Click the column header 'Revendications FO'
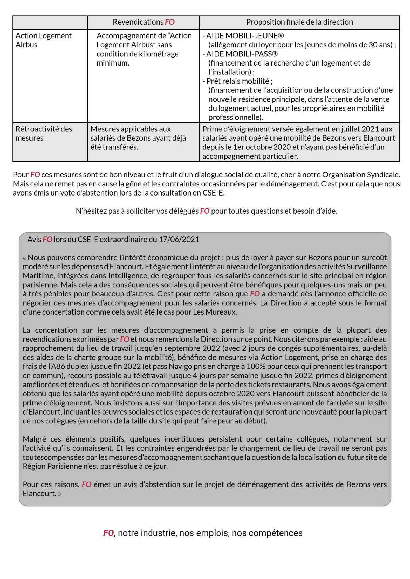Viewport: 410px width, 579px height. pos(143,22)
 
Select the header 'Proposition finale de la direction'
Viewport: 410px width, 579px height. pos(299,22)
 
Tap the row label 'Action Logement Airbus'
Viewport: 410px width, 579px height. pos(43,40)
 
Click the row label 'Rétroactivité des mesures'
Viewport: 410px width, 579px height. pos(44,133)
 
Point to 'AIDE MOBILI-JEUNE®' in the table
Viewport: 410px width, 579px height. pos(245,36)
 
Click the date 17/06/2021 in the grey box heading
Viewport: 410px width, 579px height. pos(179,240)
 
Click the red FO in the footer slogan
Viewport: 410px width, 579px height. pos(108,533)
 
